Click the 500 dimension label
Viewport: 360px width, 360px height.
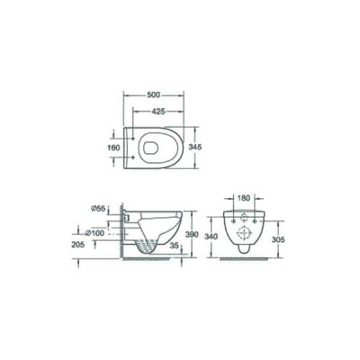click(153, 95)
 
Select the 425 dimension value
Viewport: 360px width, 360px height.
click(158, 112)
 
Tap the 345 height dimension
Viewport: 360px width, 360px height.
click(194, 147)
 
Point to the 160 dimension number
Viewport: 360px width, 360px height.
click(114, 148)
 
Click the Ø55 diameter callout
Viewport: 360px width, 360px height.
click(98, 208)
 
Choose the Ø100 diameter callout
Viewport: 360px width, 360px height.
click(94, 233)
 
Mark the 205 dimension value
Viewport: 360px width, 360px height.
click(78, 245)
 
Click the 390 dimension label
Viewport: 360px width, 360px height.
click(192, 235)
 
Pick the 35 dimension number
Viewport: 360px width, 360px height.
click(174, 246)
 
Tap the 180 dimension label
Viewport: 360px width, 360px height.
click(244, 198)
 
